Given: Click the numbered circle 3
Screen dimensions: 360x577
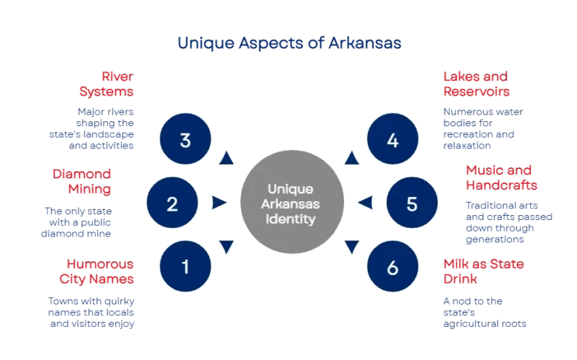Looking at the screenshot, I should (x=185, y=140).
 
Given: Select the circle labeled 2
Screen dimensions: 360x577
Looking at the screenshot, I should (x=172, y=203).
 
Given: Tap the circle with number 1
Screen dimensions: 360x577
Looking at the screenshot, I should (x=185, y=267).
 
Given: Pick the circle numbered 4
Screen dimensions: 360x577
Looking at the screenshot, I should (x=392, y=140).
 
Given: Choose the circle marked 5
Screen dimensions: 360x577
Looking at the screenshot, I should (x=411, y=203).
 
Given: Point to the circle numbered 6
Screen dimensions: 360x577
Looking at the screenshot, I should (x=392, y=267).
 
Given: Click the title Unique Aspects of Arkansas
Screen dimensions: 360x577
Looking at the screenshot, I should (x=288, y=43).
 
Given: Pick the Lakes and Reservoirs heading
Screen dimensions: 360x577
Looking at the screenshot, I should (x=476, y=84).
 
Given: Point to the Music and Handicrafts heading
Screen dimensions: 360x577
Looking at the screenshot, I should (x=498, y=178).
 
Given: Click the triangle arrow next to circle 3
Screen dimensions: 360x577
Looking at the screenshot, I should (x=226, y=157).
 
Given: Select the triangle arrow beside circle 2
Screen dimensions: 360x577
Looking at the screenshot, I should (x=219, y=203).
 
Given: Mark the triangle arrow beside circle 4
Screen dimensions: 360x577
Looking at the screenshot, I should (x=351, y=157).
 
